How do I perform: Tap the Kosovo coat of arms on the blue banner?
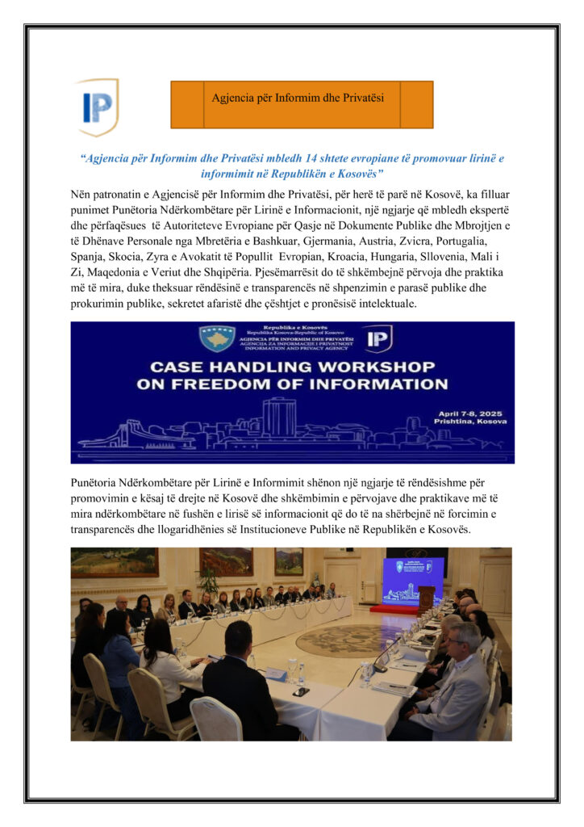point(218,338)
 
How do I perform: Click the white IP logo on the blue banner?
point(378,338)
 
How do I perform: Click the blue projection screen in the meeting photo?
point(413,580)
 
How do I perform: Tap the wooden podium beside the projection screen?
point(426,598)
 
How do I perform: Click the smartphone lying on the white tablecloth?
point(301,691)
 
